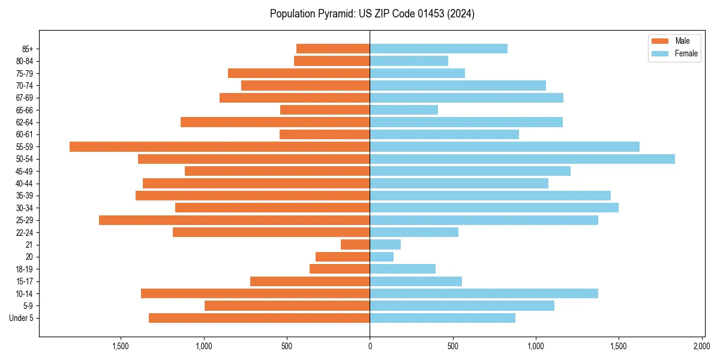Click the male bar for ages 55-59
220,146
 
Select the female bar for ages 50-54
522,159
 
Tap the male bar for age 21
355,244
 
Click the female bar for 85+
439,49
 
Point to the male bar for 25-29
234,220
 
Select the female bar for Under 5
442,318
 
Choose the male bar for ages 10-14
255,293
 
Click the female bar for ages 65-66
404,110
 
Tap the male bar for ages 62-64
275,122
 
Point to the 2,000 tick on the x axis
702,346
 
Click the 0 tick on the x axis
370,346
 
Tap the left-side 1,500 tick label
121,346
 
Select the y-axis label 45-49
24,171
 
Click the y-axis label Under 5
21,318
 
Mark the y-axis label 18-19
24,269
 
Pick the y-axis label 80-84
24,61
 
